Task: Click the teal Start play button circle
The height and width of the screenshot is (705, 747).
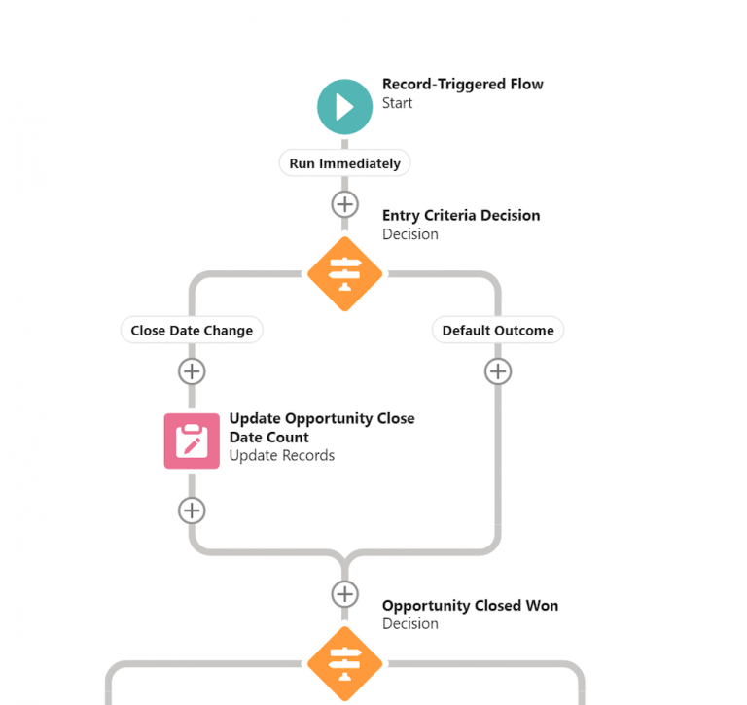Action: tap(344, 107)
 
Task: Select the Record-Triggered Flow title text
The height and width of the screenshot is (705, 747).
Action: tap(462, 85)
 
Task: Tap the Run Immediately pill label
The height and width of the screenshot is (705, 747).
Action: tap(344, 163)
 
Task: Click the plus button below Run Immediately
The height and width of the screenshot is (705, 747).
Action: tap(344, 205)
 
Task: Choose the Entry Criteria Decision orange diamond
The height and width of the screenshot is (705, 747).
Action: tap(344, 274)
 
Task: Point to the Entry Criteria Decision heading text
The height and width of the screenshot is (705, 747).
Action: tap(460, 216)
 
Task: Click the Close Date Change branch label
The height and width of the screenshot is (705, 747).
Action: tap(192, 331)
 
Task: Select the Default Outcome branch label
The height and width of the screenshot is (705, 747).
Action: tap(497, 331)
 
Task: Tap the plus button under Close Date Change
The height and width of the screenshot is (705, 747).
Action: tap(192, 371)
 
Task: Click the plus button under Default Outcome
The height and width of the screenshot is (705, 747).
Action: tap(498, 371)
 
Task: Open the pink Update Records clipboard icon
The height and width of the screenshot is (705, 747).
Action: tap(192, 441)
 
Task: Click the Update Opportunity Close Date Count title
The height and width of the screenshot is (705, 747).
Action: tap(321, 428)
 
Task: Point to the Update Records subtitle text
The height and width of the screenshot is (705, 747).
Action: tap(281, 456)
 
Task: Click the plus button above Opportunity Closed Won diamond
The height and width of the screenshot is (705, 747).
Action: tap(344, 594)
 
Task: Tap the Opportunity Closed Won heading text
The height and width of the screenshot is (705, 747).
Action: tap(470, 606)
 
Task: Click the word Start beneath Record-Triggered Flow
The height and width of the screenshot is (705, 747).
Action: tap(397, 103)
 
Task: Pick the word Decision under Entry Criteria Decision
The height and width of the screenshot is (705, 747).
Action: tap(409, 234)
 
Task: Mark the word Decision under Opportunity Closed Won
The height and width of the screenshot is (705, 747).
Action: tap(409, 624)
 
